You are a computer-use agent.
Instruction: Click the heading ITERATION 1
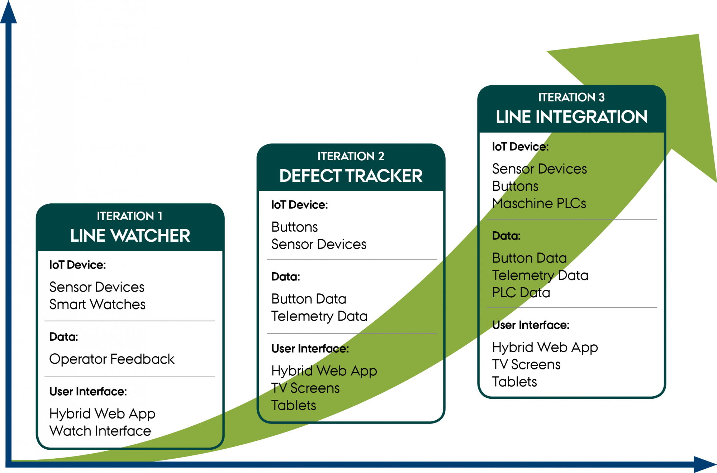point(129,216)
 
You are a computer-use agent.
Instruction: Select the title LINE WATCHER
point(130,236)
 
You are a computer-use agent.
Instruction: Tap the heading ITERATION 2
point(351,156)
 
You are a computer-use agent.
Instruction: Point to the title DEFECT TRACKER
point(351,176)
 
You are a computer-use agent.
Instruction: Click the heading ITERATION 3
point(571,97)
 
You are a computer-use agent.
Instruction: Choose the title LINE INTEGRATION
point(571,117)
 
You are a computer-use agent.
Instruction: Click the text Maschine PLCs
point(540,203)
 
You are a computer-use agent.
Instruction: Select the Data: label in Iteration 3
point(506,236)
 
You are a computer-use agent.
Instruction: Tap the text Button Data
point(530,258)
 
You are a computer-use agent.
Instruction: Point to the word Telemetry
point(523,275)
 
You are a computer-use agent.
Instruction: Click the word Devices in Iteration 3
point(562,169)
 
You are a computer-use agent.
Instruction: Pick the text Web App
point(346,371)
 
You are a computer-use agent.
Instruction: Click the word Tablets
point(294,405)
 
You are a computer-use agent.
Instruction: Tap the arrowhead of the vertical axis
point(9,13)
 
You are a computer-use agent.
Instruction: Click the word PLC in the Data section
point(504,292)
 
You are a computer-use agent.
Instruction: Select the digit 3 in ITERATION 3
point(602,97)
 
